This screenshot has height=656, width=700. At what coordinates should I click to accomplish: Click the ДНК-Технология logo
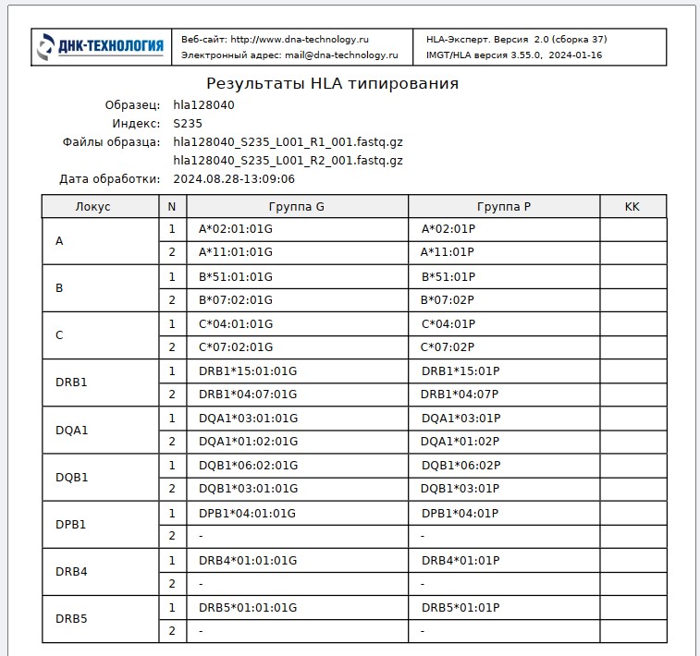coord(101,46)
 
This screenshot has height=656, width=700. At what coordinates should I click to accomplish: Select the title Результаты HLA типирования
coord(332,84)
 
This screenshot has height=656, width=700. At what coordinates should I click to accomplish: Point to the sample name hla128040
coord(203,105)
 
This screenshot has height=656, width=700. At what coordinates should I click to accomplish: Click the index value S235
coord(188,123)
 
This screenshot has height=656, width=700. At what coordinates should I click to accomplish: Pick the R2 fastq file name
coord(288,161)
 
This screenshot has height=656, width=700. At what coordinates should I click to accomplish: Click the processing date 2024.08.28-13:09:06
coord(234,179)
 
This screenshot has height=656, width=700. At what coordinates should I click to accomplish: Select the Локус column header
coord(92,207)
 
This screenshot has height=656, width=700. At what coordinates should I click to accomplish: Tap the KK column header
coord(632,207)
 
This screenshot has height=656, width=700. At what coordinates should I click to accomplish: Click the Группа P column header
coord(504,207)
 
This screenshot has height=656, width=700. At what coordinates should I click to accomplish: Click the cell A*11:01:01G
coord(236,252)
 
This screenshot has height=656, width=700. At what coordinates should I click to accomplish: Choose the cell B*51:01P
coord(448,276)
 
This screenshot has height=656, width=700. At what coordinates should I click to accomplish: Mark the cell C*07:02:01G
coord(236,347)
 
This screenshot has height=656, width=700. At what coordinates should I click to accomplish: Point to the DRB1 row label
coord(71,383)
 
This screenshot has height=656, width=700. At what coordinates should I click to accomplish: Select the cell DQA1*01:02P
coord(460,442)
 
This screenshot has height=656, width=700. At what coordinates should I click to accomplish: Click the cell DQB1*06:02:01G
coord(248,466)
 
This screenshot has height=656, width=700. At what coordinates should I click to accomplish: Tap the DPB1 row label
coord(71,525)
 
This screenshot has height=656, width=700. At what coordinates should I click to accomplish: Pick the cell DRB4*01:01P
coord(461,561)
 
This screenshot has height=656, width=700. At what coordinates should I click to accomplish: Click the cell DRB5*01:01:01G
coord(248,608)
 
